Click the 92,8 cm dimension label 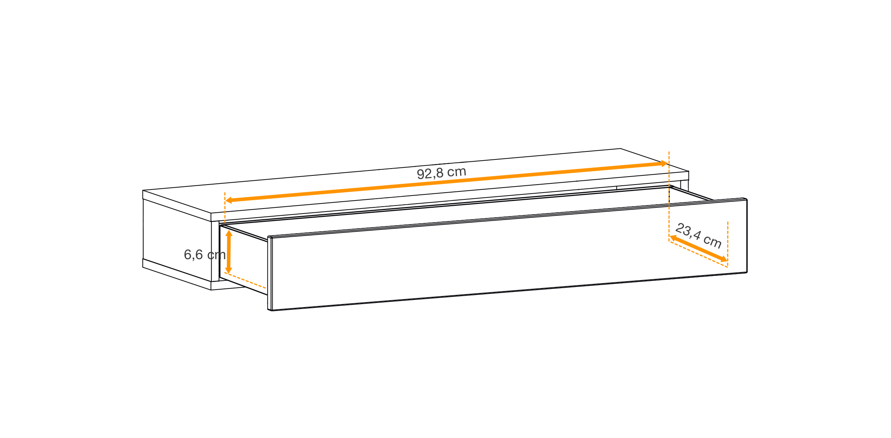point(441,173)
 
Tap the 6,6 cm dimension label point(205,255)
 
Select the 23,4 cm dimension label point(698,236)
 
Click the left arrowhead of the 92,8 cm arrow point(228,200)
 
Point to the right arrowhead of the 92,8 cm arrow point(664,164)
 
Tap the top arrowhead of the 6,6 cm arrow point(229,233)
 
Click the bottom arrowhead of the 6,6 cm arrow point(229,270)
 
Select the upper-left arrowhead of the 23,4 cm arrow point(673,238)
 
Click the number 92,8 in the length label point(430,174)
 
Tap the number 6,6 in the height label point(193,255)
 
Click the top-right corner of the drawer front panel point(747,199)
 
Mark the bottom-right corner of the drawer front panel point(747,272)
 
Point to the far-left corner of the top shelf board point(143,190)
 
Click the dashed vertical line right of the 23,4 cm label point(728,244)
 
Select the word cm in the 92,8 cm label point(457,172)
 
